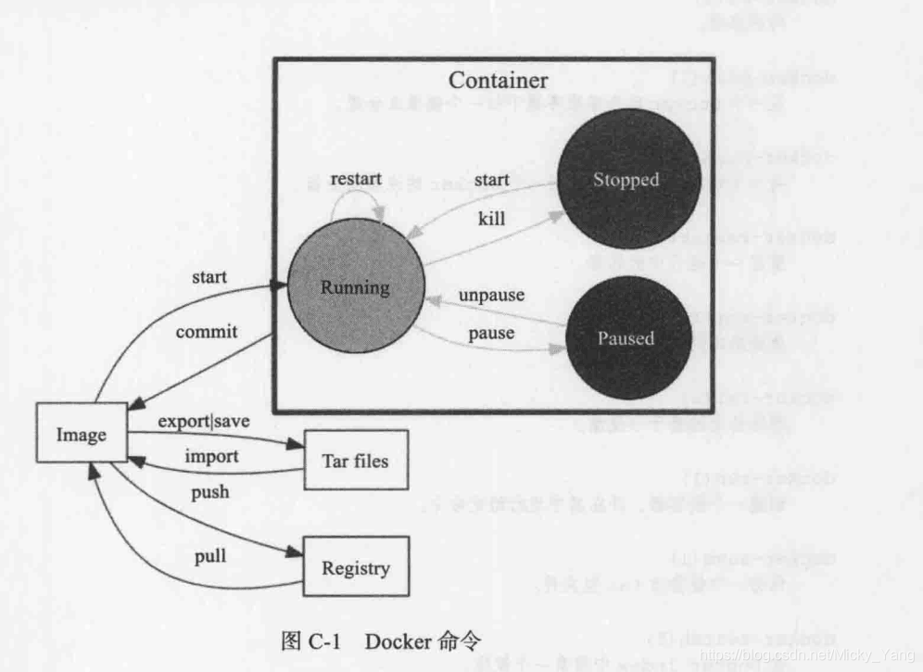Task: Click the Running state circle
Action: (355, 287)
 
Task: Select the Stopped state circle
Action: (627, 180)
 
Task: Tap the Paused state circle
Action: (627, 337)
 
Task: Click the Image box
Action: (82, 434)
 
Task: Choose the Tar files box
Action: (355, 461)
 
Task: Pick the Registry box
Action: (355, 568)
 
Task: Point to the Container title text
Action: (498, 81)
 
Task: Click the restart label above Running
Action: (356, 178)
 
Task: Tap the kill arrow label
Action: (491, 218)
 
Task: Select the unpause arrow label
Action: (491, 296)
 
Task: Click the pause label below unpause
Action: (491, 332)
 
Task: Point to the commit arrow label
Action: (207, 331)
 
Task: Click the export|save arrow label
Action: (204, 421)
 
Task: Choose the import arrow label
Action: (211, 456)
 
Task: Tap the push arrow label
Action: (210, 491)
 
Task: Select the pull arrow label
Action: (210, 556)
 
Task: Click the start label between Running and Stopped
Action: (491, 179)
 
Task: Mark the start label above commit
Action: (209, 276)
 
